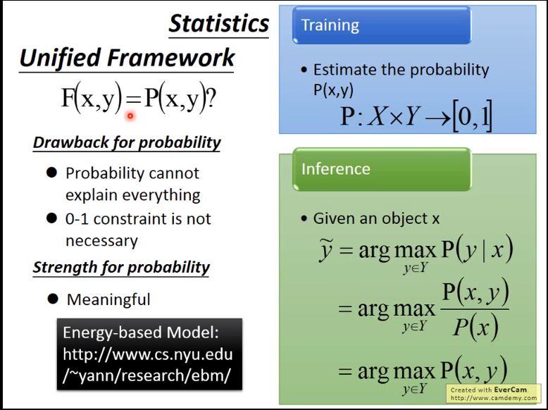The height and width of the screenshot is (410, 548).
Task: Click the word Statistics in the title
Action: click(219, 24)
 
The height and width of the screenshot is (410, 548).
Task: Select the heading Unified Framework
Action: click(127, 58)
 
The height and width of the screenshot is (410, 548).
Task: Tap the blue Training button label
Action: click(330, 25)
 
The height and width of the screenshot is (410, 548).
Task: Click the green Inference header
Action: click(335, 169)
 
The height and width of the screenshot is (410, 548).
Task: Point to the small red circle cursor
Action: click(130, 116)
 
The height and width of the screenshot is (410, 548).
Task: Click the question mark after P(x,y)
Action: click(211, 98)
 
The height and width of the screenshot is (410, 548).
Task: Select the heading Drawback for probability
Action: click(127, 143)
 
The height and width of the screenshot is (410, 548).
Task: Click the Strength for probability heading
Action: click(121, 268)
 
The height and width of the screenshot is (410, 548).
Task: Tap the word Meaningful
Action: click(108, 299)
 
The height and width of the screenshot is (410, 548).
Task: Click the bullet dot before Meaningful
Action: click(52, 299)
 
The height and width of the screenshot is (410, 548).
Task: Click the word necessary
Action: click(101, 241)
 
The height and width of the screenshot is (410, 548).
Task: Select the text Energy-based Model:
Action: click(141, 333)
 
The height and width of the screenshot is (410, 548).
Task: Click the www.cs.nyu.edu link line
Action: click(148, 354)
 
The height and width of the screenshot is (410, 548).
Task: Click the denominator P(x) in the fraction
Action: click(475, 328)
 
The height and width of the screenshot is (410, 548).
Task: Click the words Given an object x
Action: click(376, 219)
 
